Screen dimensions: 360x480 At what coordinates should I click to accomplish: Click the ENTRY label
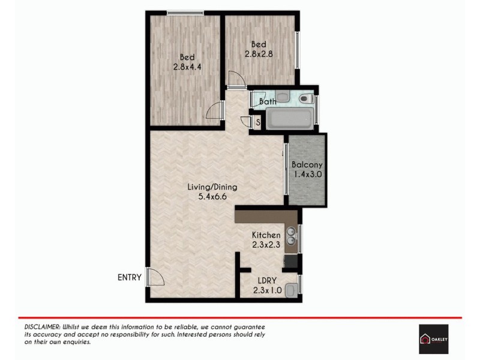(130, 277)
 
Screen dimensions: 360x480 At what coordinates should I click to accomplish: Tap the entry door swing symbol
(155, 278)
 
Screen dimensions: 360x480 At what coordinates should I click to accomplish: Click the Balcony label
(307, 165)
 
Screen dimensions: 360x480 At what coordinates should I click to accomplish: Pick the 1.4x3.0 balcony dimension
(307, 175)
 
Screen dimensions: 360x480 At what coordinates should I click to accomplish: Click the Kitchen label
(266, 235)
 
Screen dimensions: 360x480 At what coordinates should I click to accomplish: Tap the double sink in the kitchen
(291, 236)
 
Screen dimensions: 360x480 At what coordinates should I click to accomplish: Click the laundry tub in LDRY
(291, 290)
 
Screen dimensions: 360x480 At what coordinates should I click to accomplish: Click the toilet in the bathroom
(304, 98)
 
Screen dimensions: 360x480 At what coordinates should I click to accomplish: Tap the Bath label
(268, 101)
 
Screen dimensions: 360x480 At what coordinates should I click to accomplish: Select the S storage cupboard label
(258, 122)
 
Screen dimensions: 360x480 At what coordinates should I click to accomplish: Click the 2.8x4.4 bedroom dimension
(186, 67)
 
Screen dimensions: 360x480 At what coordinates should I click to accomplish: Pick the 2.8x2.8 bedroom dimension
(259, 53)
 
